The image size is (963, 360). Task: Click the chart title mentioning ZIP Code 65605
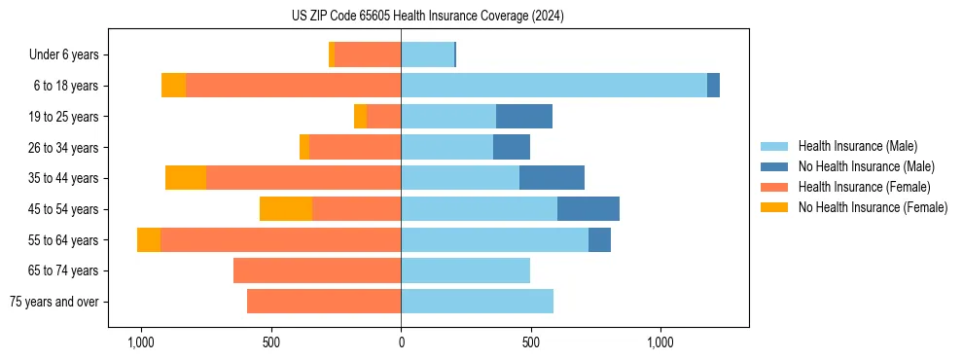click(x=428, y=16)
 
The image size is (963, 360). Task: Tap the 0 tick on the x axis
click(x=401, y=342)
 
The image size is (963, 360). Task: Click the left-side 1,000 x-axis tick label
click(x=141, y=342)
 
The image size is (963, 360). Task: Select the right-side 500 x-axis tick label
click(x=530, y=342)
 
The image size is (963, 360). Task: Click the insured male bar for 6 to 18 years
click(x=553, y=86)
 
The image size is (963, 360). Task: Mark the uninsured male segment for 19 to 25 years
click(x=524, y=117)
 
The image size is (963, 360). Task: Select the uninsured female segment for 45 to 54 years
click(x=286, y=209)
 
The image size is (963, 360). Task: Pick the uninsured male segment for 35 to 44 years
click(x=552, y=178)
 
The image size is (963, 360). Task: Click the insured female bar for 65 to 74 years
click(x=317, y=270)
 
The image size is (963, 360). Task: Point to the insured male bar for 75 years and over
click(x=477, y=302)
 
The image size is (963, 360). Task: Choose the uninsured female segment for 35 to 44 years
click(x=186, y=178)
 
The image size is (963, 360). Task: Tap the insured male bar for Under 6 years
click(x=427, y=55)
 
